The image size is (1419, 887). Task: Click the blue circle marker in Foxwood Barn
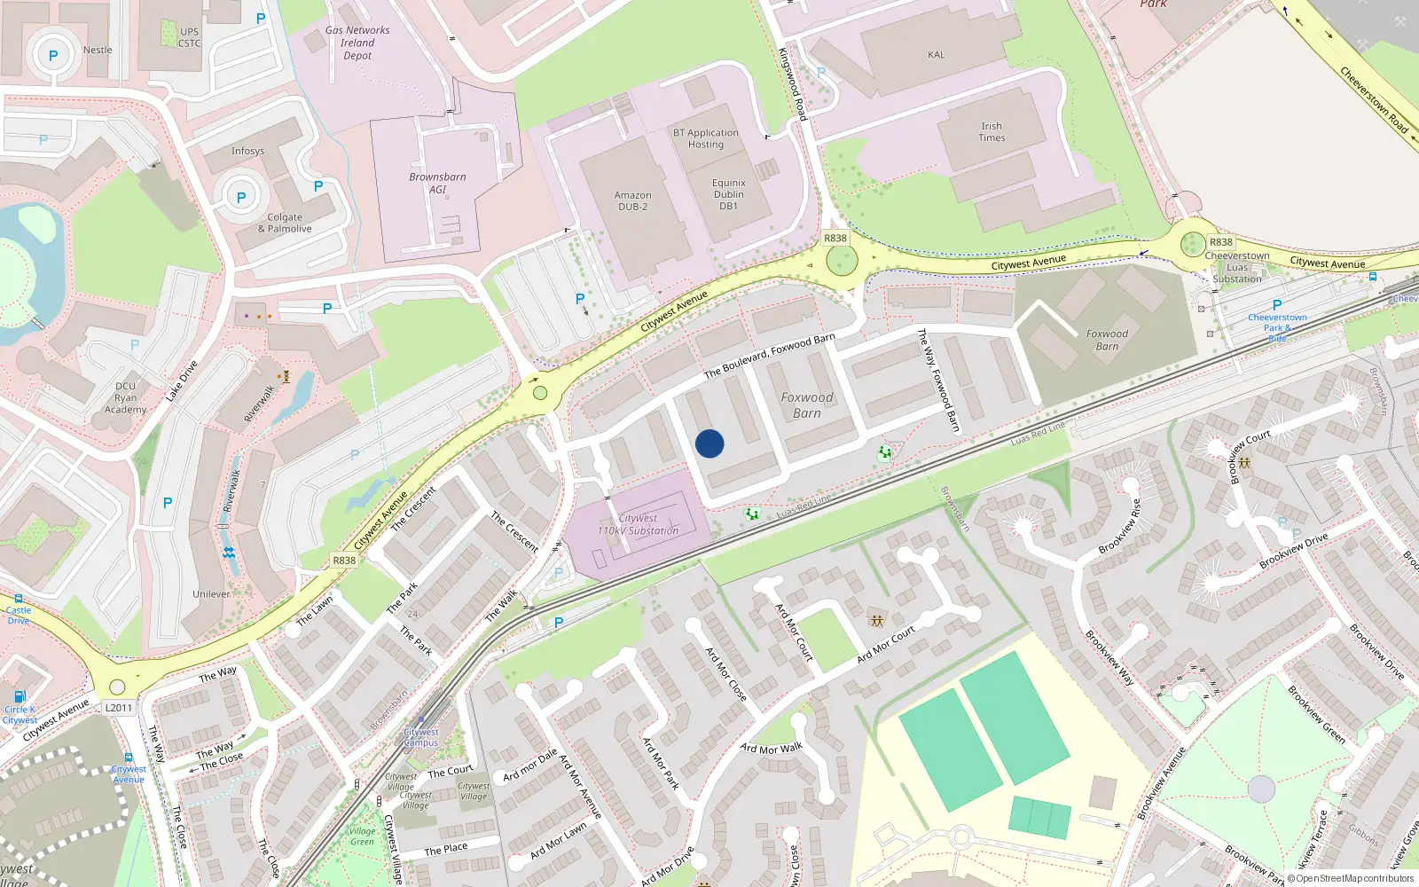click(x=709, y=443)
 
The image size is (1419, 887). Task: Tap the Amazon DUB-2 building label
click(x=632, y=201)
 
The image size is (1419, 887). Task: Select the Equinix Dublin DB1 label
click(x=728, y=194)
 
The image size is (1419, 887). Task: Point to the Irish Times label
click(x=992, y=132)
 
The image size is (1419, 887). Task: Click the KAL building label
click(x=936, y=55)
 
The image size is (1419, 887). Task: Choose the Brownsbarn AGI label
click(x=437, y=183)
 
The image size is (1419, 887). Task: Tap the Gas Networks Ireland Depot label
click(x=357, y=43)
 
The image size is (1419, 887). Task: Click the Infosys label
click(x=247, y=151)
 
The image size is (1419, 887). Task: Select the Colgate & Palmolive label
click(x=285, y=223)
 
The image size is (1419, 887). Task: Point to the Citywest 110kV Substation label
click(x=638, y=524)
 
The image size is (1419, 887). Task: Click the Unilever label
click(x=211, y=594)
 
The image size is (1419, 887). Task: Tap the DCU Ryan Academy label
click(x=126, y=397)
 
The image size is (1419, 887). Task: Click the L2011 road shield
click(x=118, y=708)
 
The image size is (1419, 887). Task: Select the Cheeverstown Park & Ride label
click(x=1277, y=327)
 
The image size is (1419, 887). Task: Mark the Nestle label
click(x=98, y=50)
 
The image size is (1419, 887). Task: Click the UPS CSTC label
click(x=189, y=37)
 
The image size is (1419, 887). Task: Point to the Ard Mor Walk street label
click(x=772, y=749)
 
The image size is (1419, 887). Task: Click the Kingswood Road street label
click(x=792, y=84)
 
